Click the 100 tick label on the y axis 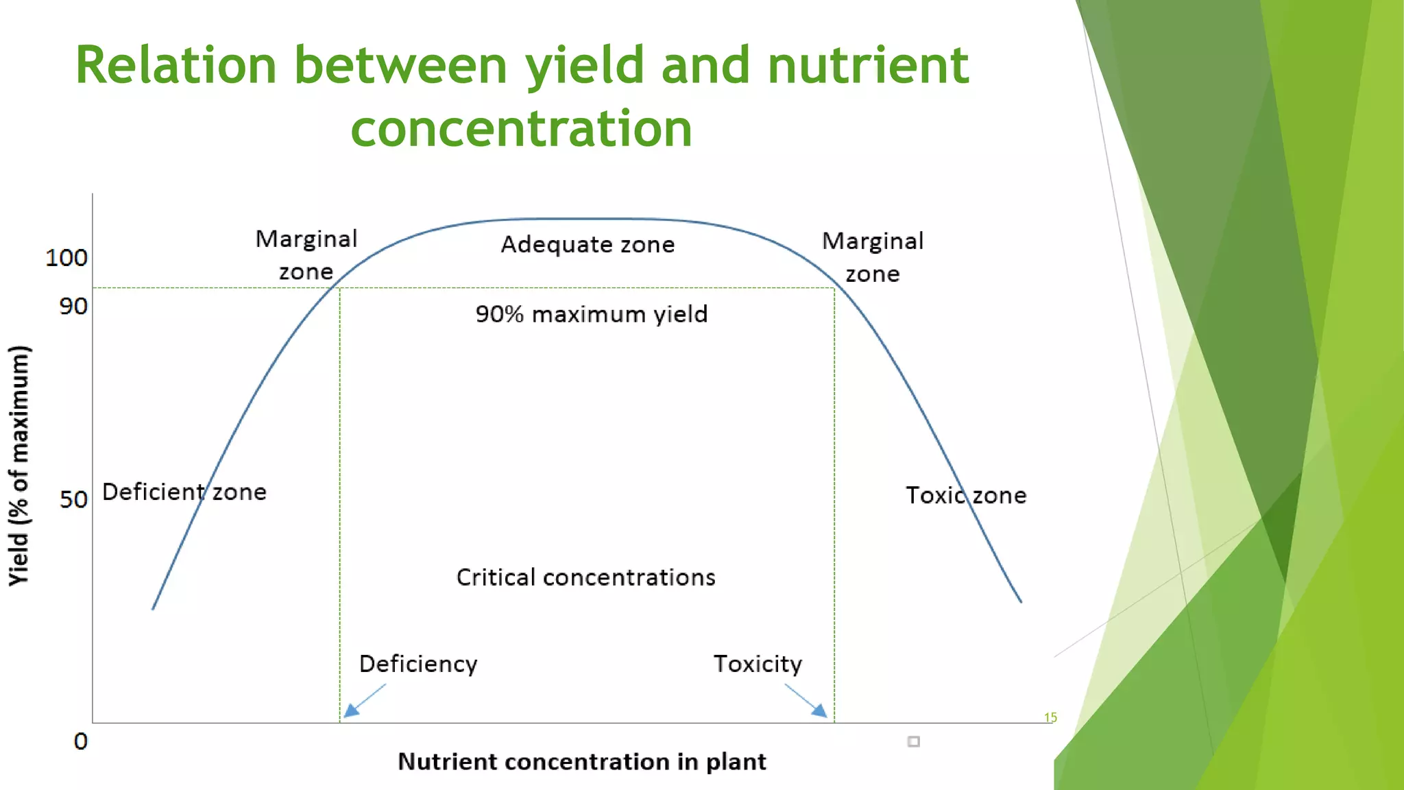66,258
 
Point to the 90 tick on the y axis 73,306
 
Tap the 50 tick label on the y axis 73,499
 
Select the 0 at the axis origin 81,741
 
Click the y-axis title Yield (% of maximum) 19,466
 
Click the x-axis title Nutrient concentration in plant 581,762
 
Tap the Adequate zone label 588,245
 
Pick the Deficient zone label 184,492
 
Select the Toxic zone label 965,496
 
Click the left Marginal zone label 306,255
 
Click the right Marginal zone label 872,257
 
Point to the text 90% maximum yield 591,314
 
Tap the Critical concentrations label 585,577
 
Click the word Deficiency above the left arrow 418,664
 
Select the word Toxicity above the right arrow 758,664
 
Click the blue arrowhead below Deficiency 351,710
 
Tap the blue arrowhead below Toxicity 820,710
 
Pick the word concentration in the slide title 521,129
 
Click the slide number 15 1050,717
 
